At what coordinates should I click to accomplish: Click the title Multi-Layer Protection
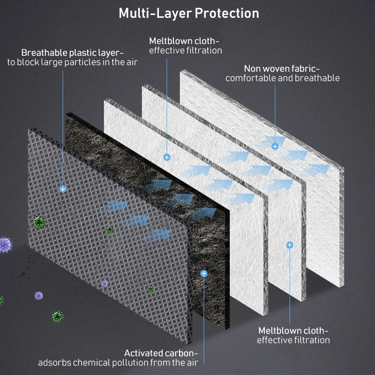(x=188, y=13)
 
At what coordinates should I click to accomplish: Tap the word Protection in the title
(x=227, y=13)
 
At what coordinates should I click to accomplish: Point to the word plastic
(x=84, y=52)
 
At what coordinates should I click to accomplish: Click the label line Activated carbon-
(x=161, y=352)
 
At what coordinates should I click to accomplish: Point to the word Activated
(x=143, y=352)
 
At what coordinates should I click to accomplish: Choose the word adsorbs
(x=55, y=362)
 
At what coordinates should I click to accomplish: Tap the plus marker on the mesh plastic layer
(x=62, y=189)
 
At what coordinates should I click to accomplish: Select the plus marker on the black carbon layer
(x=203, y=273)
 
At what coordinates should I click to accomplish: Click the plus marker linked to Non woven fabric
(x=275, y=146)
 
